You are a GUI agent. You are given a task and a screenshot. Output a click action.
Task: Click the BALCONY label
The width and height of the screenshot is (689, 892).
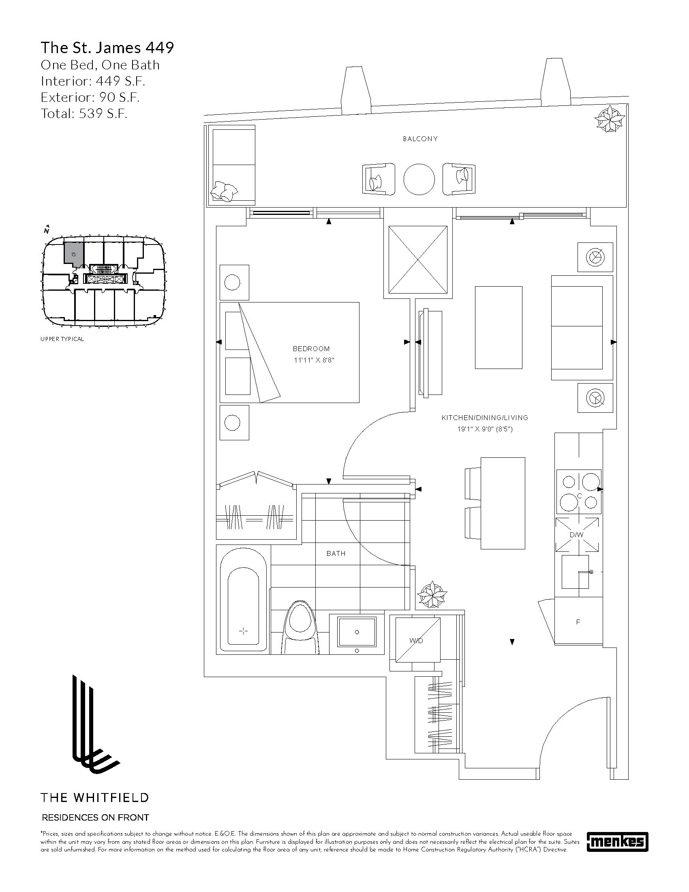420,139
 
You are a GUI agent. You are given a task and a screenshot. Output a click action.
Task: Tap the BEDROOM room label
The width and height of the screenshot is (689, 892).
311,349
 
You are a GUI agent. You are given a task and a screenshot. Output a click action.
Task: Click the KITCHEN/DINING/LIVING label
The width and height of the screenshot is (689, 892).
485,418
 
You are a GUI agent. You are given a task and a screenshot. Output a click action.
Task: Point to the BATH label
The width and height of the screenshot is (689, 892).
336,553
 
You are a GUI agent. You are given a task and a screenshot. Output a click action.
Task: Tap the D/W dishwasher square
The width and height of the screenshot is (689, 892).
577,535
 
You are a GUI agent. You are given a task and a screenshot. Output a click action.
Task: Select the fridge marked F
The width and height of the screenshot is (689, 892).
578,622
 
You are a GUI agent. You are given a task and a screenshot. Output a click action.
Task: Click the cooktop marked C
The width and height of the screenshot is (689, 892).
579,491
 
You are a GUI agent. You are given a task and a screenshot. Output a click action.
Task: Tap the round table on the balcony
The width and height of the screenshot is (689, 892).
419,179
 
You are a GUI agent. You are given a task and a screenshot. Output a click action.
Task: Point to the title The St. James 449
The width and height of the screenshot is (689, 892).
107,48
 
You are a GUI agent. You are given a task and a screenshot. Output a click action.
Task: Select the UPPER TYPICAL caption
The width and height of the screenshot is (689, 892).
62,339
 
